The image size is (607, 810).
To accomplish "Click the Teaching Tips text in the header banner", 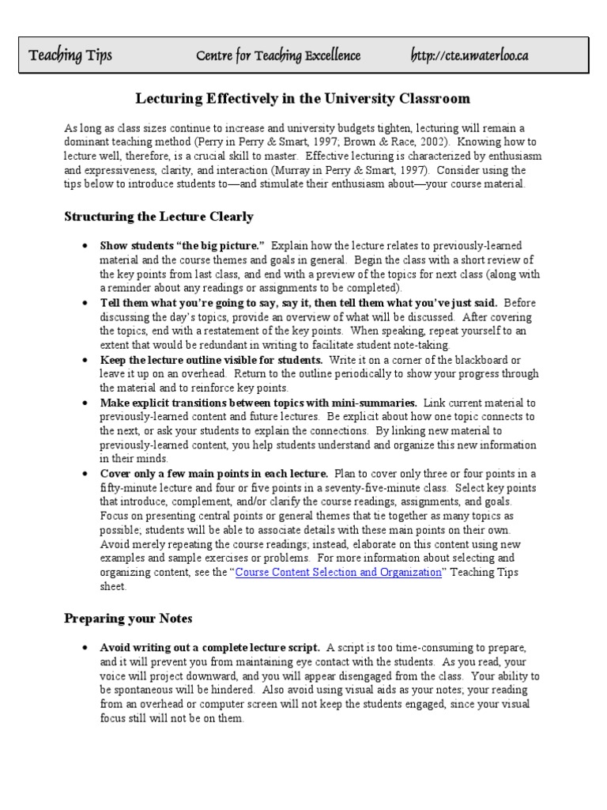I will click(x=70, y=55).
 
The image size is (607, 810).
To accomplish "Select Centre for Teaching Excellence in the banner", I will click(x=278, y=55).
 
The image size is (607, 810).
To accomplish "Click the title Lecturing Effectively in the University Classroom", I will click(x=303, y=99).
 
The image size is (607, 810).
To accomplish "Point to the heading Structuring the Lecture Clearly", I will click(x=158, y=216).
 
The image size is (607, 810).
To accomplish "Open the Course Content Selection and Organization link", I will click(x=339, y=573).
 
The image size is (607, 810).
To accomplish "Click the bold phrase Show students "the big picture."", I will click(x=182, y=245).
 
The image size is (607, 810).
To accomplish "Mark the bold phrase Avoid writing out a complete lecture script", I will click(x=209, y=647).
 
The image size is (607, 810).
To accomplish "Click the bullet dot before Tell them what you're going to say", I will click(x=85, y=303).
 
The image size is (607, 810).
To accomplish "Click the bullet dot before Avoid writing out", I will click(x=85, y=648).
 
